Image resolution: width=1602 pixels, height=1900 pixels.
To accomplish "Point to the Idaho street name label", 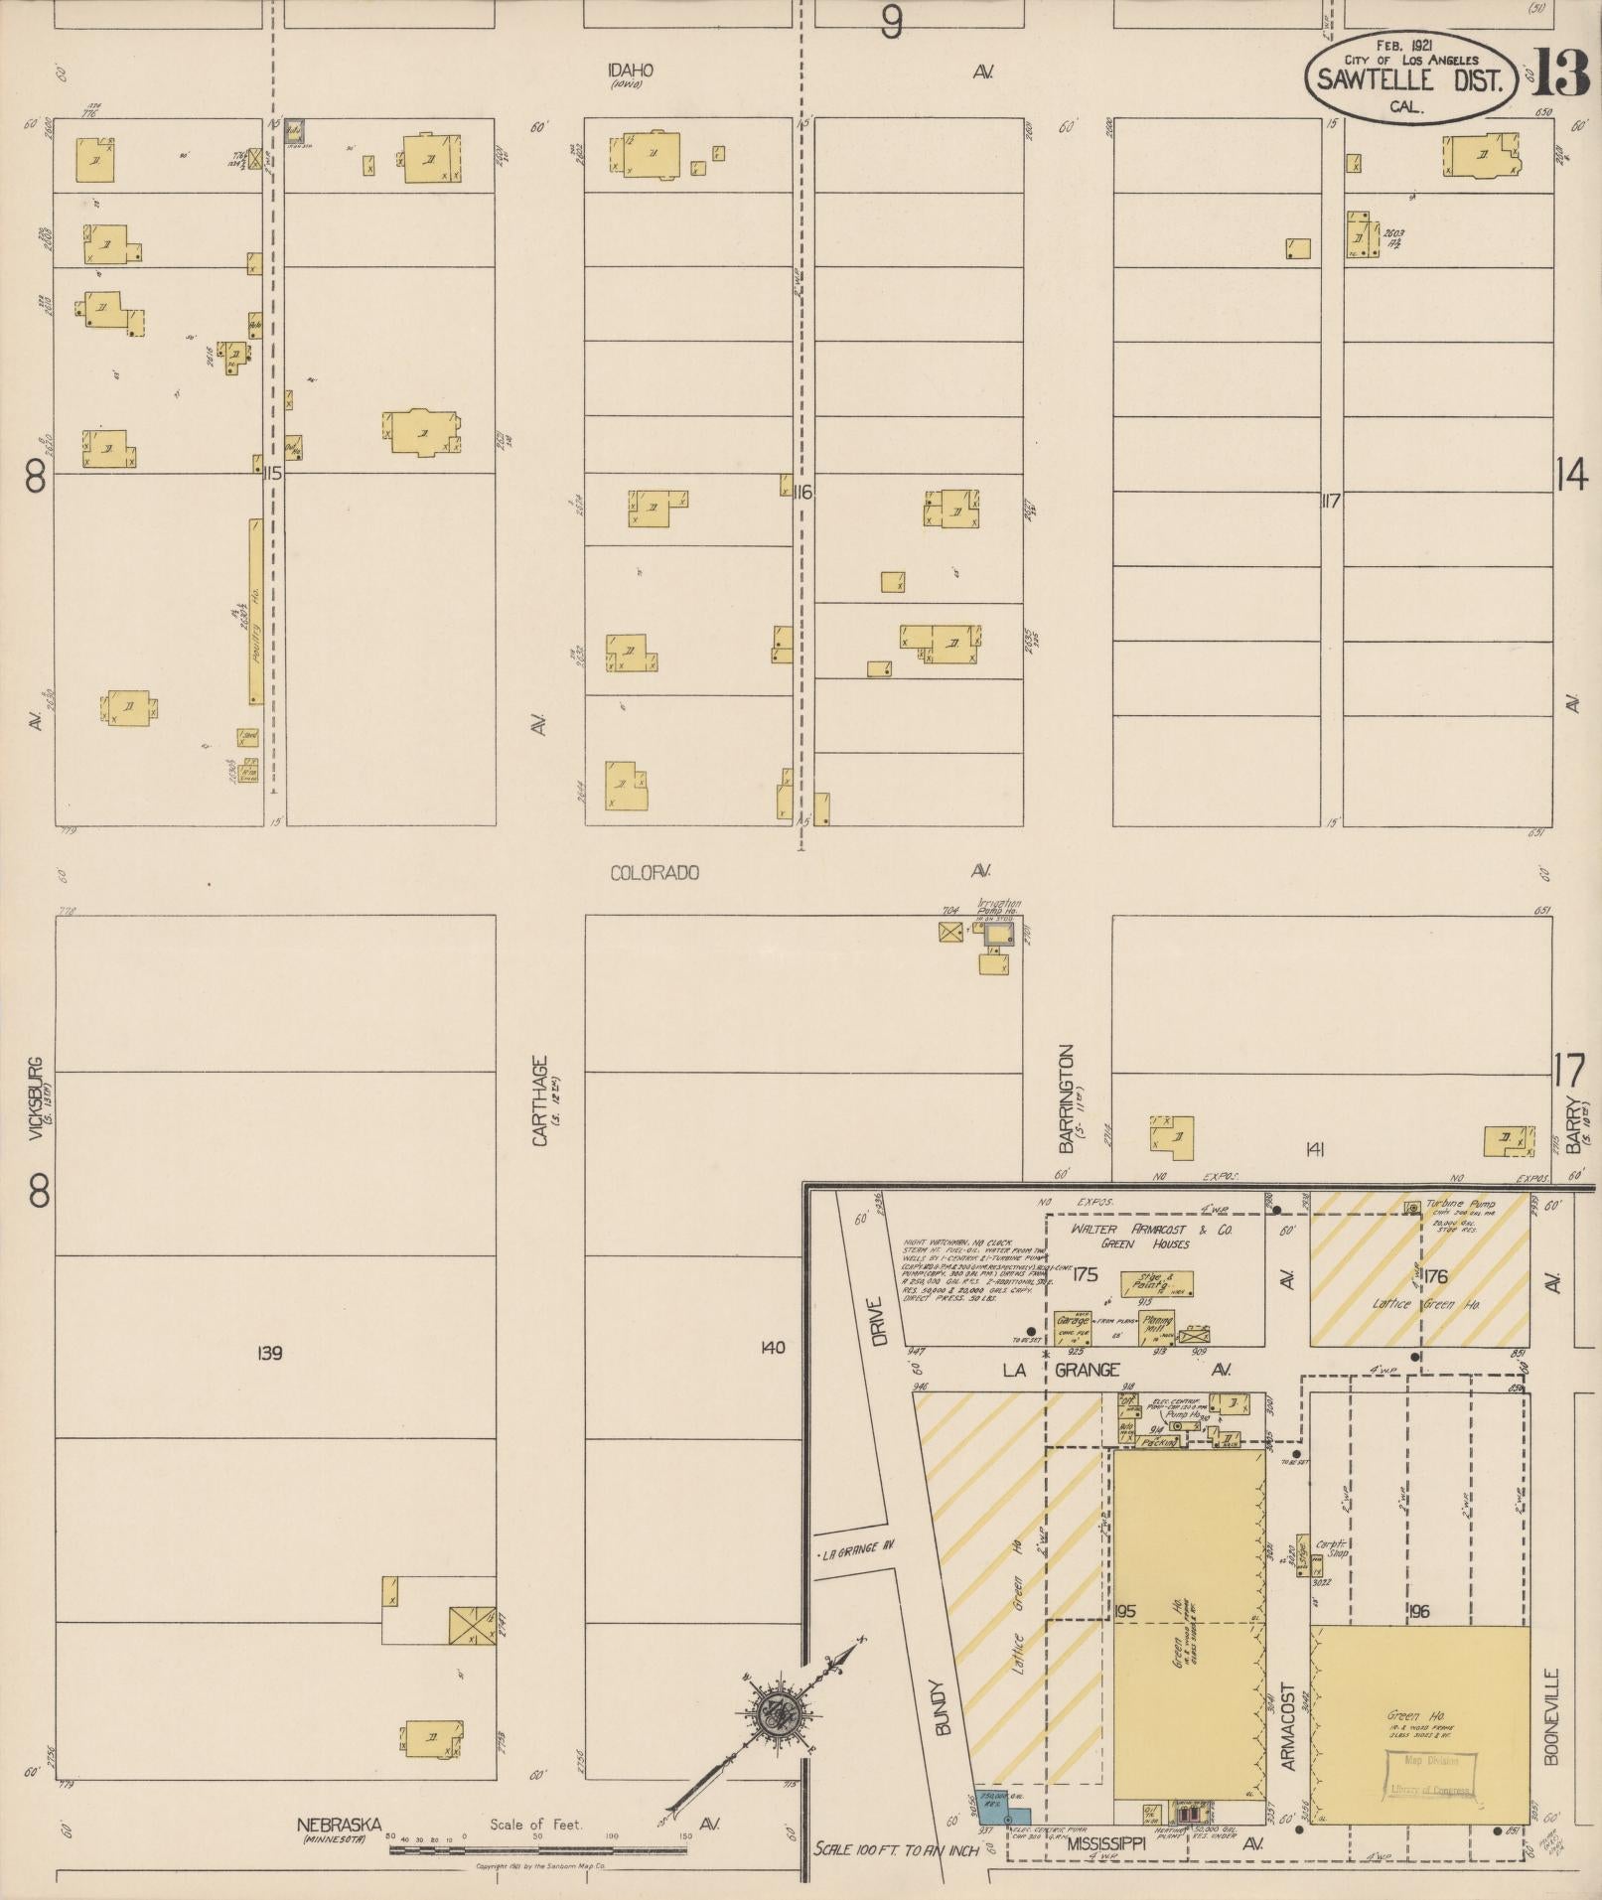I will [632, 71].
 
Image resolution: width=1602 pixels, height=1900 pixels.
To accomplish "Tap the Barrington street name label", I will [1067, 1097].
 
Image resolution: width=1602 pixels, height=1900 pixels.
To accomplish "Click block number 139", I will [269, 1353].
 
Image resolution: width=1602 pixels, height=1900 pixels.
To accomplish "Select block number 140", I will [771, 1348].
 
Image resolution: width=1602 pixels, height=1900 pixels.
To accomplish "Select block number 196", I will [1418, 1611].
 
